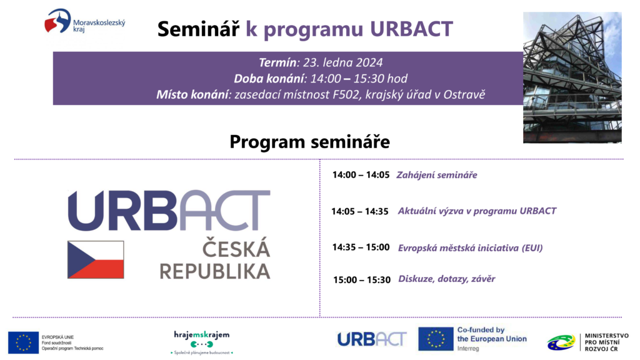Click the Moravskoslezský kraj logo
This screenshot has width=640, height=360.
(x=85, y=21)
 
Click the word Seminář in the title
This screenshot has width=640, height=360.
(x=198, y=29)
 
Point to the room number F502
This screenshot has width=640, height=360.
(x=347, y=95)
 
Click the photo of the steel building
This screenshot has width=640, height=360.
(x=572, y=77)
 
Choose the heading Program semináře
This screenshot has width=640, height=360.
(x=310, y=142)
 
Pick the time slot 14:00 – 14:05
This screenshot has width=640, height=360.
(x=361, y=175)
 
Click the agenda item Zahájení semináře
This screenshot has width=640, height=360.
(x=437, y=175)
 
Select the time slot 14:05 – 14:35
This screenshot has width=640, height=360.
(x=359, y=211)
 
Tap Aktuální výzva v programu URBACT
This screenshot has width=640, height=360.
(x=477, y=211)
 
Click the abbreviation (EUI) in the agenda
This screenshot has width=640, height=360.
(x=532, y=247)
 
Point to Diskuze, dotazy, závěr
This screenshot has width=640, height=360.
(x=446, y=279)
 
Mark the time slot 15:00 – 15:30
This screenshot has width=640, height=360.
(x=362, y=279)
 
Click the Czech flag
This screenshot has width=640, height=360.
(x=96, y=259)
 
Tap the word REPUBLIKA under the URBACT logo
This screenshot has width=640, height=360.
(x=215, y=271)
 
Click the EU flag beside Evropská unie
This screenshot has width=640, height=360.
(x=23, y=342)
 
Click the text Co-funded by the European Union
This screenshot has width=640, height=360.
(x=492, y=334)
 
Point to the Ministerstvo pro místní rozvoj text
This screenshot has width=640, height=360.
(x=606, y=342)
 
